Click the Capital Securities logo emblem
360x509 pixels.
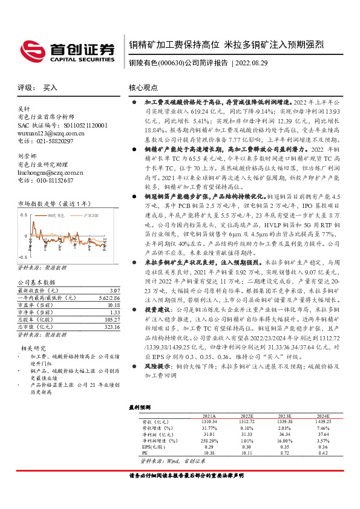[31, 48]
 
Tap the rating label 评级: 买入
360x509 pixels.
[38, 87]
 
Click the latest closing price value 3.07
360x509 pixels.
[106, 291]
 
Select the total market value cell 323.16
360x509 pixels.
[103, 327]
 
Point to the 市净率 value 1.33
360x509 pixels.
[106, 313]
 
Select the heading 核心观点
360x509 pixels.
[143, 87]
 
